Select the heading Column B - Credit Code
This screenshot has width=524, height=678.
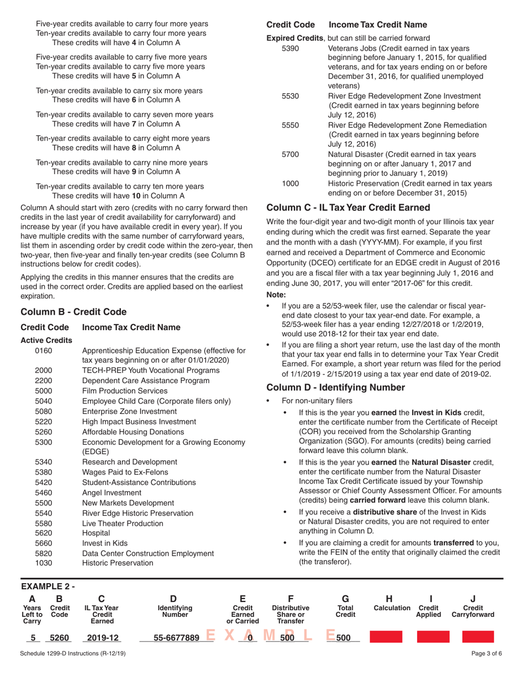coord(74,311)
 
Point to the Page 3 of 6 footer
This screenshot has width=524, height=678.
coord(484,668)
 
